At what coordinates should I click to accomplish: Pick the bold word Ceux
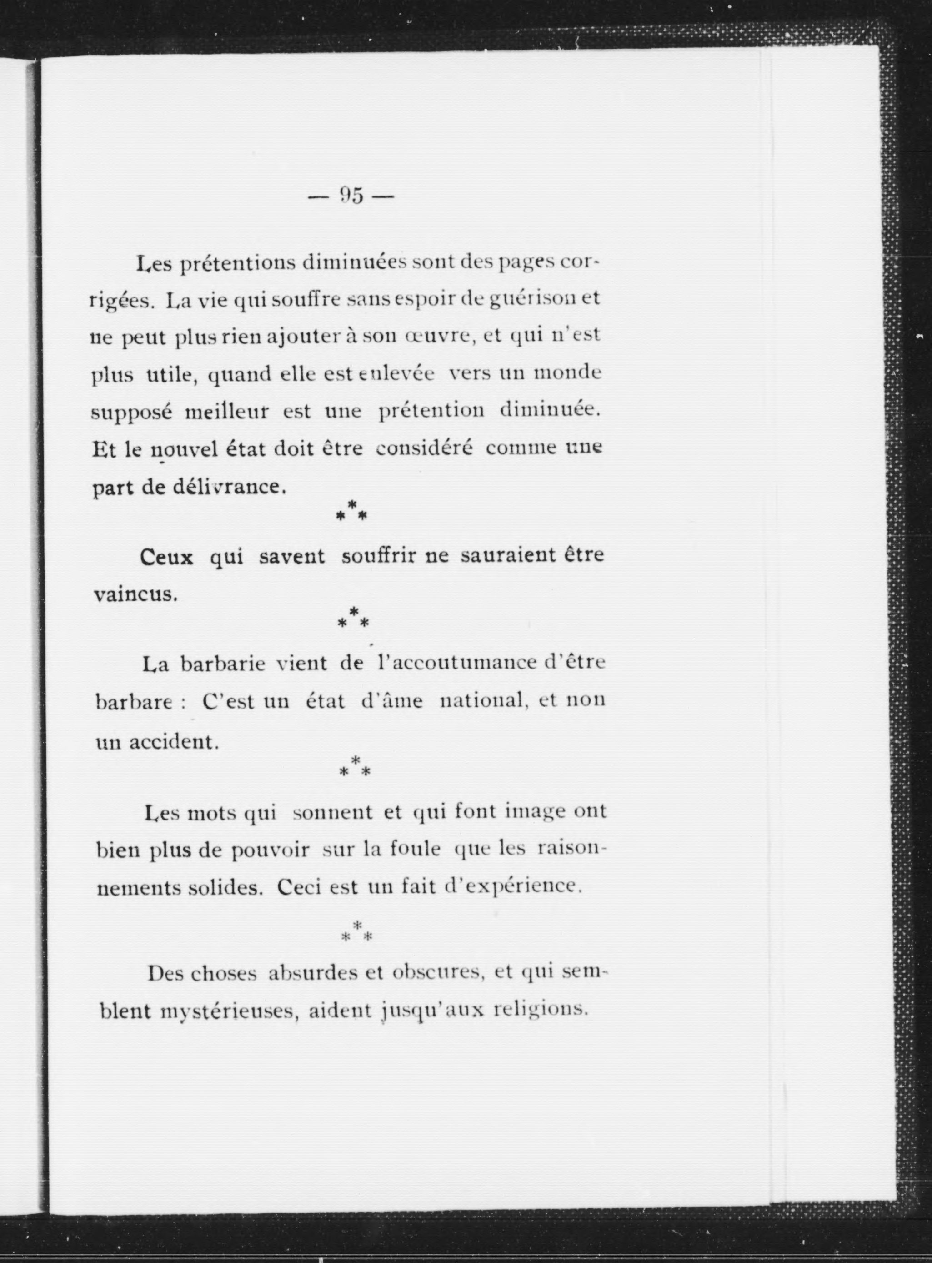167,557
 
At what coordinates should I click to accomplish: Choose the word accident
173,741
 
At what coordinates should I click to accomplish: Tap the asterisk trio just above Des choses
356,932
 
